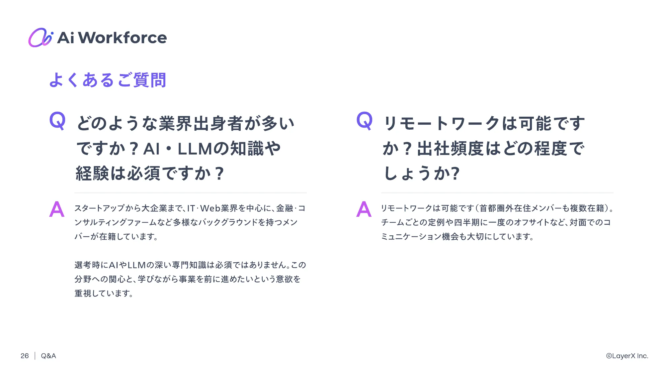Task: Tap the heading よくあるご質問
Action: click(108, 80)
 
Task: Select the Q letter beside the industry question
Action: click(57, 121)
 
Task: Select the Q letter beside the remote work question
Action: click(364, 121)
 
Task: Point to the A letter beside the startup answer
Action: click(57, 209)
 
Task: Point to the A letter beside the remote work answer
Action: click(364, 209)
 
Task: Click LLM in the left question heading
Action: click(195, 149)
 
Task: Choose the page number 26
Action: click(25, 356)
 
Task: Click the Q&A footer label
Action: click(48, 356)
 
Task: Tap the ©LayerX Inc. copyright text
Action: click(627, 356)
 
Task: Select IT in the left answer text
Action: click(191, 208)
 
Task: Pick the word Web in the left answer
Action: click(210, 208)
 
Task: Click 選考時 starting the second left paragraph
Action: click(87, 265)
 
